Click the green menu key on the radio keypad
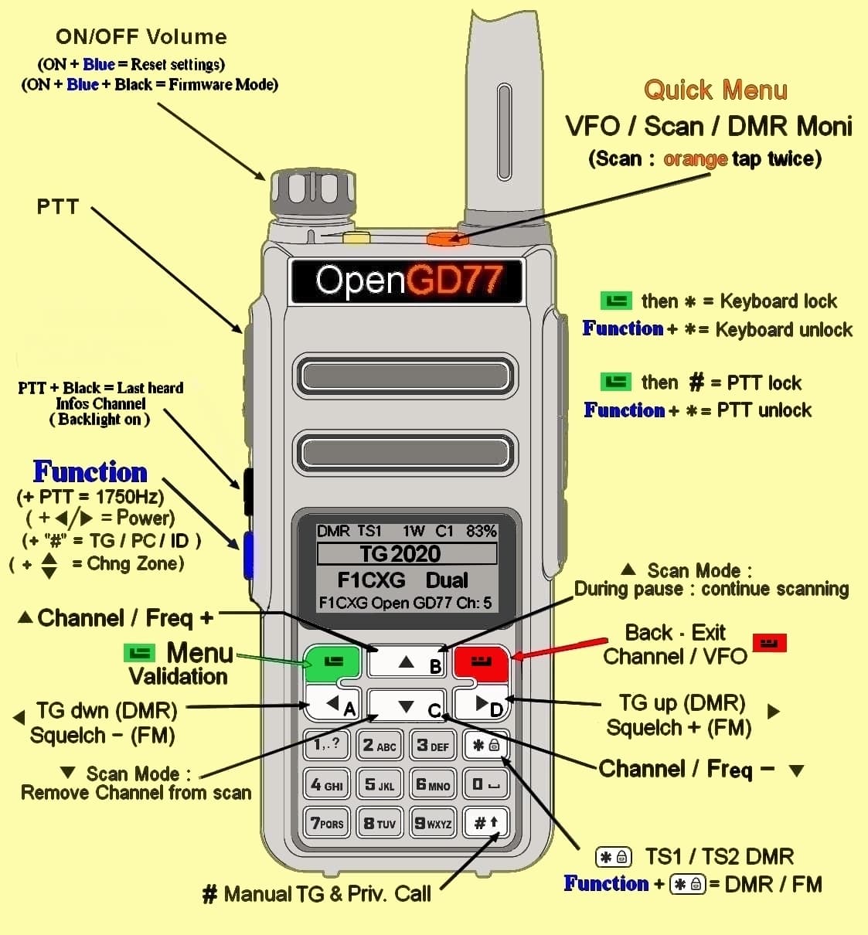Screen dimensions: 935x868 333,661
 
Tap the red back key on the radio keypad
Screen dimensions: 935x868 480,661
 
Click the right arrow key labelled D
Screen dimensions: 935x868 482,703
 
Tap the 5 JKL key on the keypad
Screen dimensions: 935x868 380,785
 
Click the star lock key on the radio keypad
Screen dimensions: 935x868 485,746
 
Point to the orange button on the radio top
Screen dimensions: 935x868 448,239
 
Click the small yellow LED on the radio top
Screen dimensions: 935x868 356,238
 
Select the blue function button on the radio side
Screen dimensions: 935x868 248,555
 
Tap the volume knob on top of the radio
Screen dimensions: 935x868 312,193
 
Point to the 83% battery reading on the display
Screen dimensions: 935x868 481,531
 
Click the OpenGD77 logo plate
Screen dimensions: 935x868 407,280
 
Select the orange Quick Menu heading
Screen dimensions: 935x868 715,90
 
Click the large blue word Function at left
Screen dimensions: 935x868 90,471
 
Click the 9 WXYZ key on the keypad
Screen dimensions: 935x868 433,824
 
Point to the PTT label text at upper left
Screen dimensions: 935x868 58,206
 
